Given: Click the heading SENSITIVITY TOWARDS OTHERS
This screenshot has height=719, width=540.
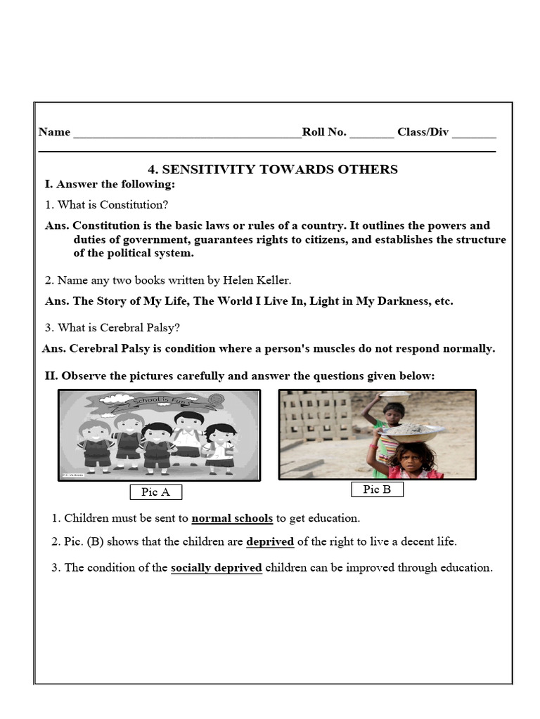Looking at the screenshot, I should tap(272, 169).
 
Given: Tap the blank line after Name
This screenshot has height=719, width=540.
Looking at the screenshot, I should tap(187, 133).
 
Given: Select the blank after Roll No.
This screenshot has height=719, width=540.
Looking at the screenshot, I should tap(371, 133).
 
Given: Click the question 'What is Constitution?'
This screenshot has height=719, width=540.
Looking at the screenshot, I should tap(106, 205).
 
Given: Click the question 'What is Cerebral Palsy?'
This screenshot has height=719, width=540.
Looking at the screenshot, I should tap(112, 328).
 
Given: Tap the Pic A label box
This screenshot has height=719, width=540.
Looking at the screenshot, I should tap(155, 492).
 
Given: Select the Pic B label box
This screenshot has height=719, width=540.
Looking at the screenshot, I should tap(377, 489).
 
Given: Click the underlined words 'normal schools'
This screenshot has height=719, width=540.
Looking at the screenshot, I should tap(232, 519).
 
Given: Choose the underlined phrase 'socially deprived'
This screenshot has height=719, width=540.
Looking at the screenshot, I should tap(217, 568).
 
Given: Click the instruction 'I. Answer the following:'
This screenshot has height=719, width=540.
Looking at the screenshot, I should tap(110, 185).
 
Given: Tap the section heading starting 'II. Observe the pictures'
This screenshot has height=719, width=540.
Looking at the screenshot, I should tap(240, 376).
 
